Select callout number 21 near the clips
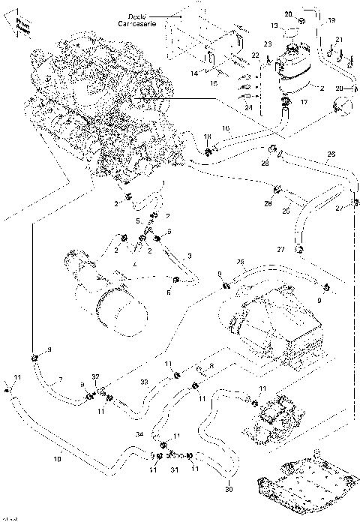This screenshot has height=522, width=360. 339,40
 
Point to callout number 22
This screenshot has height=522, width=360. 255,55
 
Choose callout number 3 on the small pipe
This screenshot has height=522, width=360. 190,256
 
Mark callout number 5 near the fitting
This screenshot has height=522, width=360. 137,220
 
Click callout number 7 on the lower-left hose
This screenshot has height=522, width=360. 61,378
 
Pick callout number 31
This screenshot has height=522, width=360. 174,470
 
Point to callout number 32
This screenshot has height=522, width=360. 94,376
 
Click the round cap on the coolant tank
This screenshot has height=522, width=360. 289,25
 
